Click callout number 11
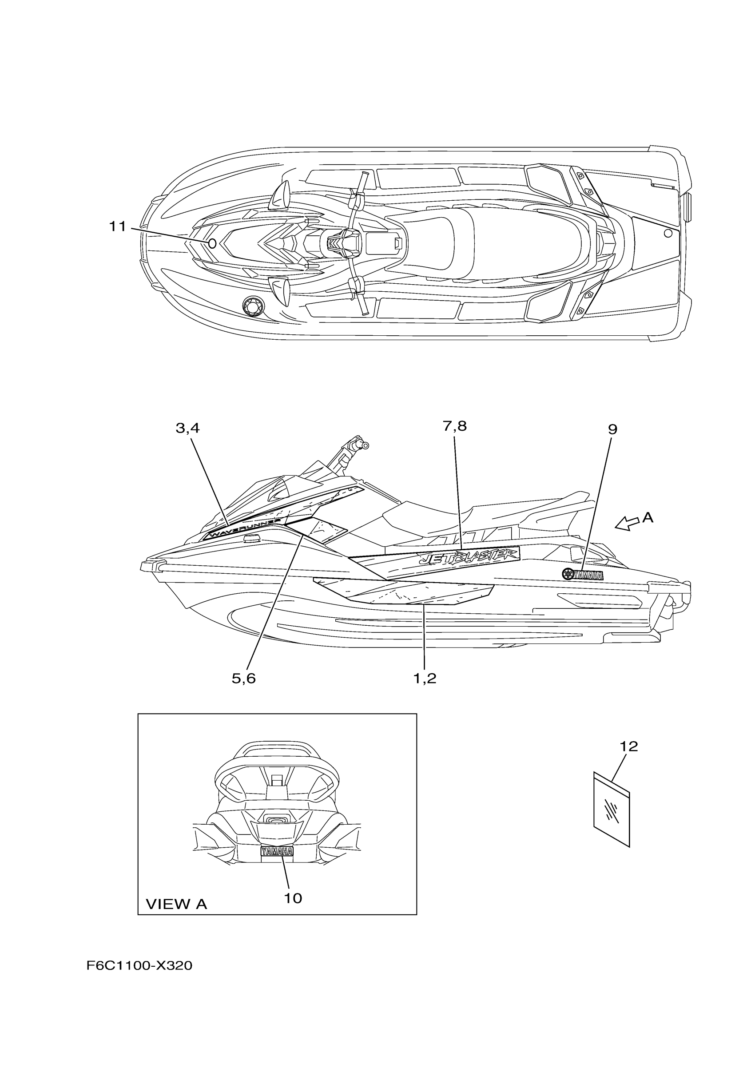118,227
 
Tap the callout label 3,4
187,428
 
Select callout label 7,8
454,425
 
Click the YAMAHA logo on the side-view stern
583,575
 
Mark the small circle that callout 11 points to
212,243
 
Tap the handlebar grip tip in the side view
366,445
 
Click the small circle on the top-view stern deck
668,233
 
